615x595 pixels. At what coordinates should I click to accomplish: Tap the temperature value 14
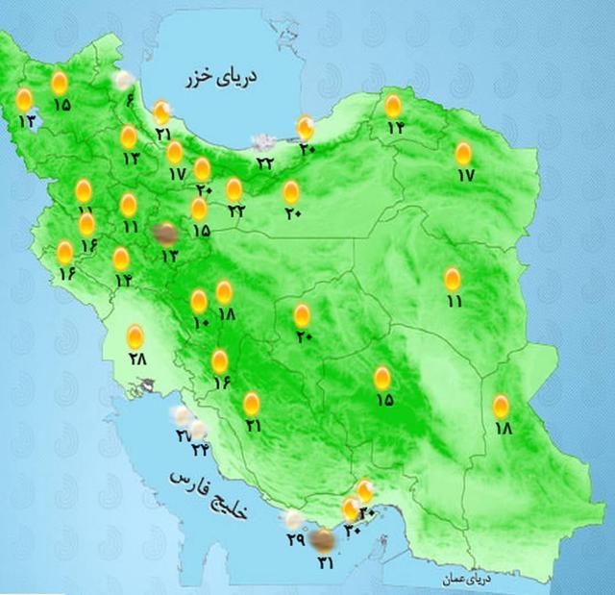(x=123, y=281)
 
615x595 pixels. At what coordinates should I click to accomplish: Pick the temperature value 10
(x=200, y=324)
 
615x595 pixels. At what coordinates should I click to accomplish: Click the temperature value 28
(x=135, y=359)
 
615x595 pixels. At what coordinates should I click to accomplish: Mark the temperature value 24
(x=199, y=449)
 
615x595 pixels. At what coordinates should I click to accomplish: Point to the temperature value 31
(x=323, y=561)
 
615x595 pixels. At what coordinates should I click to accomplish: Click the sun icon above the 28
(x=135, y=336)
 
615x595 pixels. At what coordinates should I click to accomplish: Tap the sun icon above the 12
(x=393, y=106)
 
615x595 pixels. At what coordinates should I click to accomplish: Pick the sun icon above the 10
(x=199, y=301)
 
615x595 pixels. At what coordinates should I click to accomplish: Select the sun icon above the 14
(x=121, y=259)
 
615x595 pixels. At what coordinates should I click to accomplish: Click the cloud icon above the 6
(x=123, y=82)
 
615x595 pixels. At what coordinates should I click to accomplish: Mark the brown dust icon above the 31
(x=324, y=540)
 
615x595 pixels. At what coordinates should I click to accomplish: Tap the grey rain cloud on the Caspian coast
(x=260, y=142)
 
